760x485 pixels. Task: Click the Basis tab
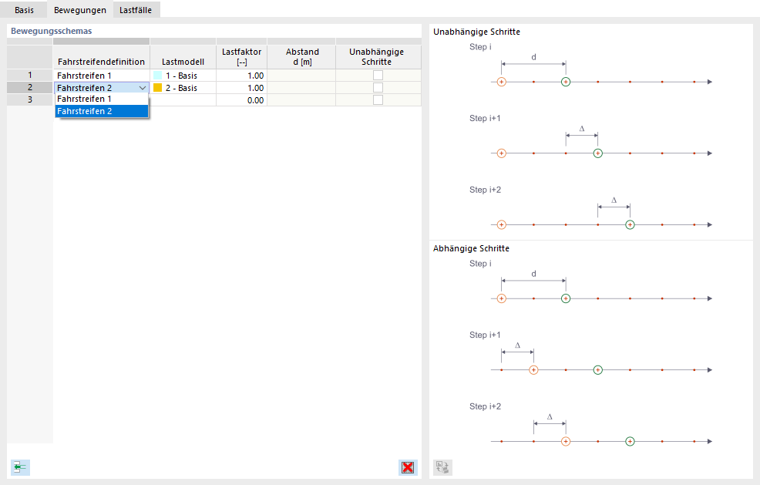click(24, 10)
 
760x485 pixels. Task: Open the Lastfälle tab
click(135, 10)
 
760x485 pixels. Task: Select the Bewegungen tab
click(79, 10)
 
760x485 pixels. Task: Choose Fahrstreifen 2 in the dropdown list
click(101, 111)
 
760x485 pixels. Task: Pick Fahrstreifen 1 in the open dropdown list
click(101, 99)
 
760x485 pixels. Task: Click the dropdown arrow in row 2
click(143, 88)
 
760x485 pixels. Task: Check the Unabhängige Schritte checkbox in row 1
click(378, 76)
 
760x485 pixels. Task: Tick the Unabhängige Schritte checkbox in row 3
click(378, 100)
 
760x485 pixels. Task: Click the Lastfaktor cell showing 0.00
click(241, 100)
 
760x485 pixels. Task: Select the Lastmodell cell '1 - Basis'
click(182, 76)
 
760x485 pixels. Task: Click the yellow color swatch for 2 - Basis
click(158, 88)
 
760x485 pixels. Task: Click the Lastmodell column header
click(183, 62)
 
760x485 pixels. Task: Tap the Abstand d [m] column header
click(301, 56)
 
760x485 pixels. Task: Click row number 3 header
click(30, 100)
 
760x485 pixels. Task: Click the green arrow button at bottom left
click(20, 466)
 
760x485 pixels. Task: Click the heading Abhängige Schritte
click(471, 249)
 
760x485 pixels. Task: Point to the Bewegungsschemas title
click(51, 32)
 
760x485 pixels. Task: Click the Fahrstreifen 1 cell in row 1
click(101, 76)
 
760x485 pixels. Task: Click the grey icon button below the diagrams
click(442, 466)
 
